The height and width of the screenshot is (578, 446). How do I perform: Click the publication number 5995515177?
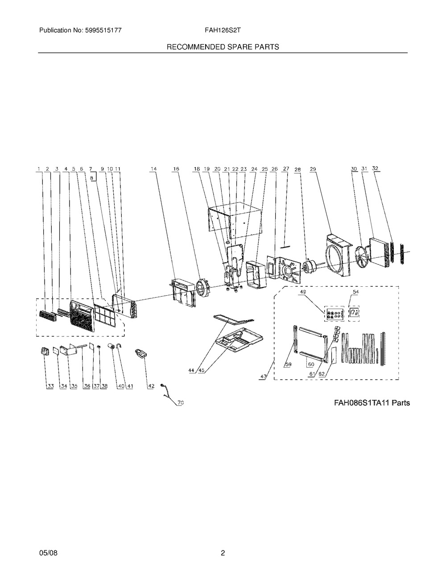tap(103, 30)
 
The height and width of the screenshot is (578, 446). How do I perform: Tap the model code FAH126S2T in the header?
tap(223, 30)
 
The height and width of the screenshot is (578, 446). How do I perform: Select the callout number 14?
tap(154, 169)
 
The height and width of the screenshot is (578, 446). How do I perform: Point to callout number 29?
tap(313, 169)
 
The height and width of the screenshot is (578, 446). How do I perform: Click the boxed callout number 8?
tap(92, 179)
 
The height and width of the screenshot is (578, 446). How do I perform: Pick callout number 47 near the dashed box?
tap(263, 377)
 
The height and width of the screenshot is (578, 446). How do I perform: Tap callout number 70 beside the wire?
tap(181, 403)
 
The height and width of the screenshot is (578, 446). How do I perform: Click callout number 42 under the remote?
tap(151, 386)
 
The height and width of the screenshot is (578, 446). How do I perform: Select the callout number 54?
tap(356, 292)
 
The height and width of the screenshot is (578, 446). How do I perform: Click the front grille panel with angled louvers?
tap(82, 316)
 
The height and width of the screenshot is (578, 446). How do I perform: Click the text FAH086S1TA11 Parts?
tap(372, 403)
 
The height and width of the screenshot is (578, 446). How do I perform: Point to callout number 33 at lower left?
tap(50, 386)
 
